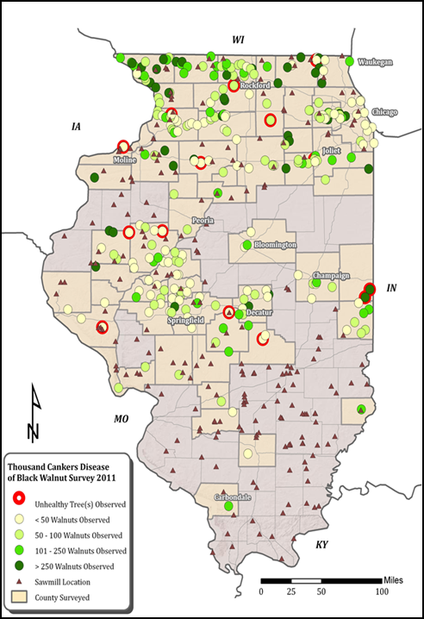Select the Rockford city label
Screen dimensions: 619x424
tap(255, 85)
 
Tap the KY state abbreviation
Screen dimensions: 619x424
tap(322, 545)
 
